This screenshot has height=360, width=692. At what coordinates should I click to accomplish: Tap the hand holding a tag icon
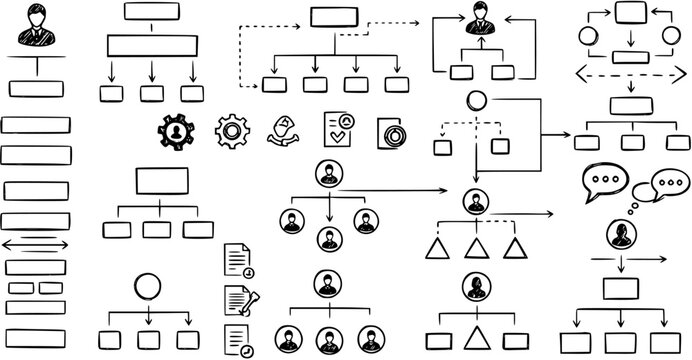(286, 131)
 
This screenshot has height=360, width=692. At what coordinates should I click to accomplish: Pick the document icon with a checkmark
(338, 130)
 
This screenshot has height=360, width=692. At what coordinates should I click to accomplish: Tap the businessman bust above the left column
(37, 25)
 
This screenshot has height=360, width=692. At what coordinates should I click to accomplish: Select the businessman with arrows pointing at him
(476, 24)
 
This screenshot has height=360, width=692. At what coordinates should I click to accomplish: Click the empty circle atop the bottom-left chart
(149, 287)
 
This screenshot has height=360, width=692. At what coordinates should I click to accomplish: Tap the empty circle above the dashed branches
(476, 101)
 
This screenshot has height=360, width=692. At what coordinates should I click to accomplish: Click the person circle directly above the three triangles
(476, 201)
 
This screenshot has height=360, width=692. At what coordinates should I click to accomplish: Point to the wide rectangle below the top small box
(151, 46)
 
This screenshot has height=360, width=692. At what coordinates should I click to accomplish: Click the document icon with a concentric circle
(391, 133)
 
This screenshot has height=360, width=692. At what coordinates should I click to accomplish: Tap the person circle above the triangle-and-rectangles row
(476, 287)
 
